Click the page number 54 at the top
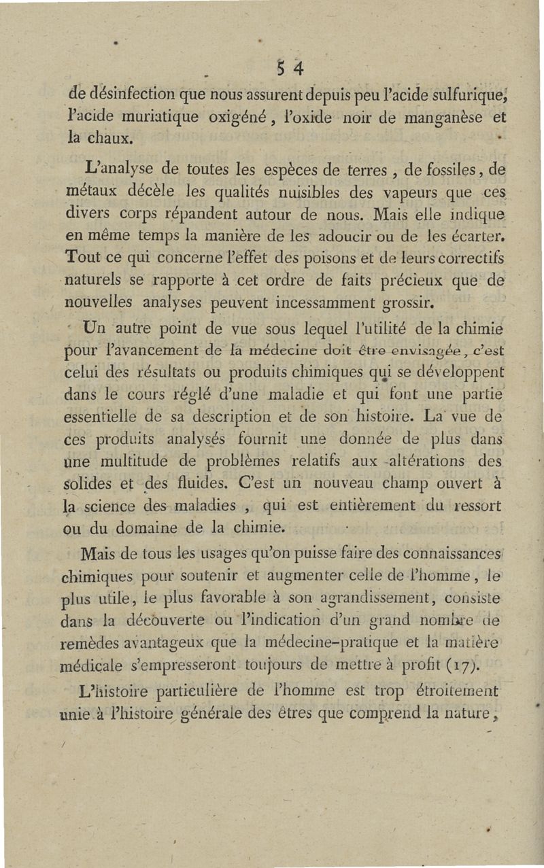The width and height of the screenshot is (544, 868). point(289,68)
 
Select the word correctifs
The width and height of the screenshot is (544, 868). point(470,259)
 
